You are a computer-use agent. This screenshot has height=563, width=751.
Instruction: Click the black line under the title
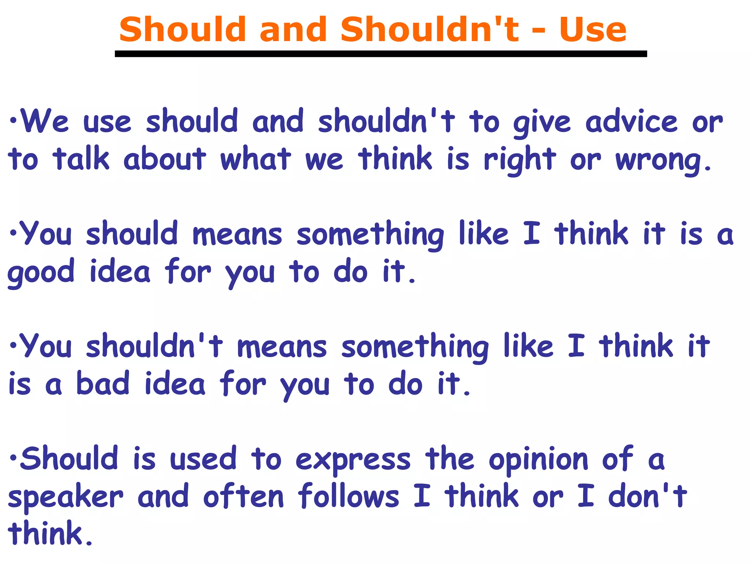pyautogui.click(x=381, y=54)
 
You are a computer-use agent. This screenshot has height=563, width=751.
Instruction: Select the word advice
pyautogui.click(x=631, y=122)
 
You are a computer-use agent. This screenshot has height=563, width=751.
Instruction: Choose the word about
pyautogui.click(x=165, y=159)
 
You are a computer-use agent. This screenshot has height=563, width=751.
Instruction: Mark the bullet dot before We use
pyautogui.click(x=13, y=120)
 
